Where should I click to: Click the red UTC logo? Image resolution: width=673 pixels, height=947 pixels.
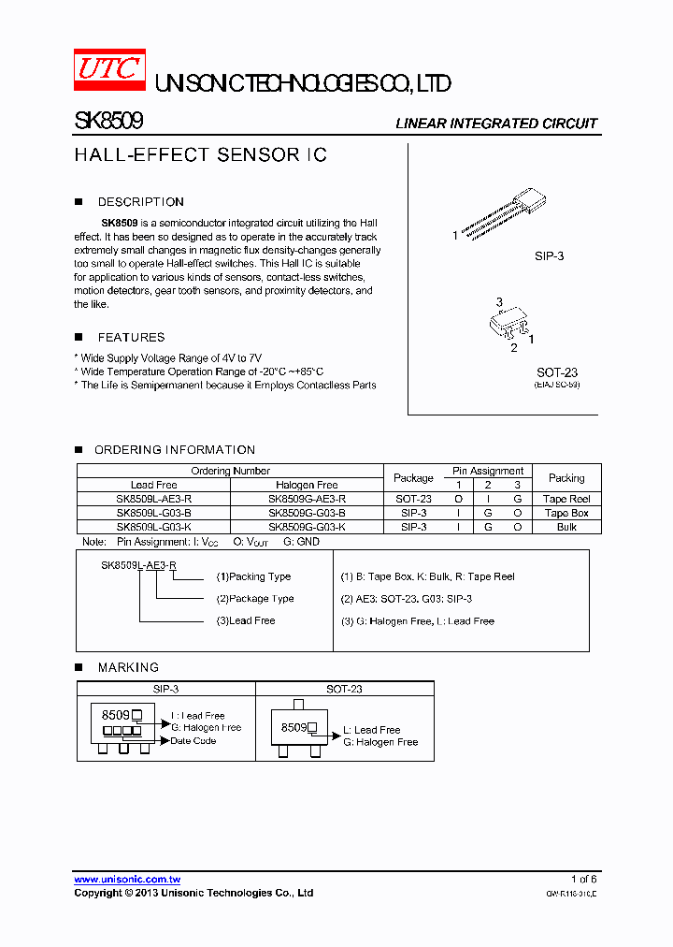109,70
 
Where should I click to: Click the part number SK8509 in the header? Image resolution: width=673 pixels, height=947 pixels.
107,122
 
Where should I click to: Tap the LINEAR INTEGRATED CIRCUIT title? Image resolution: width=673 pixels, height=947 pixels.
495,124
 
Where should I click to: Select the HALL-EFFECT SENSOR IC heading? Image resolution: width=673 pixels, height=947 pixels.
200,155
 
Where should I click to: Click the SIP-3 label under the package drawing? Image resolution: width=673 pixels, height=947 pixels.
549,255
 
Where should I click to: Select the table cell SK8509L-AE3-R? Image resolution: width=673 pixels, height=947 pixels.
153,500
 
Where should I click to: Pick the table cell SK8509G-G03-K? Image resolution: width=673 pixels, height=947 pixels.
307,527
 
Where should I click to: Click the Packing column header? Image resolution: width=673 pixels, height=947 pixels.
566,477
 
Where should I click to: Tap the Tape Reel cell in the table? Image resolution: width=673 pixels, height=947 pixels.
566,500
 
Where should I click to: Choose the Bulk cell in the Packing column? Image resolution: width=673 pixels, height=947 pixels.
566,527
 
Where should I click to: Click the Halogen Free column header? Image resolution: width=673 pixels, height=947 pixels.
307,485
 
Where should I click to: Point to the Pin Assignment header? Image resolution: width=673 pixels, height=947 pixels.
488,471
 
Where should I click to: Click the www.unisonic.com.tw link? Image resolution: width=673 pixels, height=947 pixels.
127,880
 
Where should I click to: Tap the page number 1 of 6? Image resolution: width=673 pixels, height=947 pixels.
583,879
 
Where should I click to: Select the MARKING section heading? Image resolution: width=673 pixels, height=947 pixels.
128,667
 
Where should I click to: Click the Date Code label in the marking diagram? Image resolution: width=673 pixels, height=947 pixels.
193,741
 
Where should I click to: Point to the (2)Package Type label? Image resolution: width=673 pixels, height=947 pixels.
254,599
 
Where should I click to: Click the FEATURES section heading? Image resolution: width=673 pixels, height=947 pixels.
131,337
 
